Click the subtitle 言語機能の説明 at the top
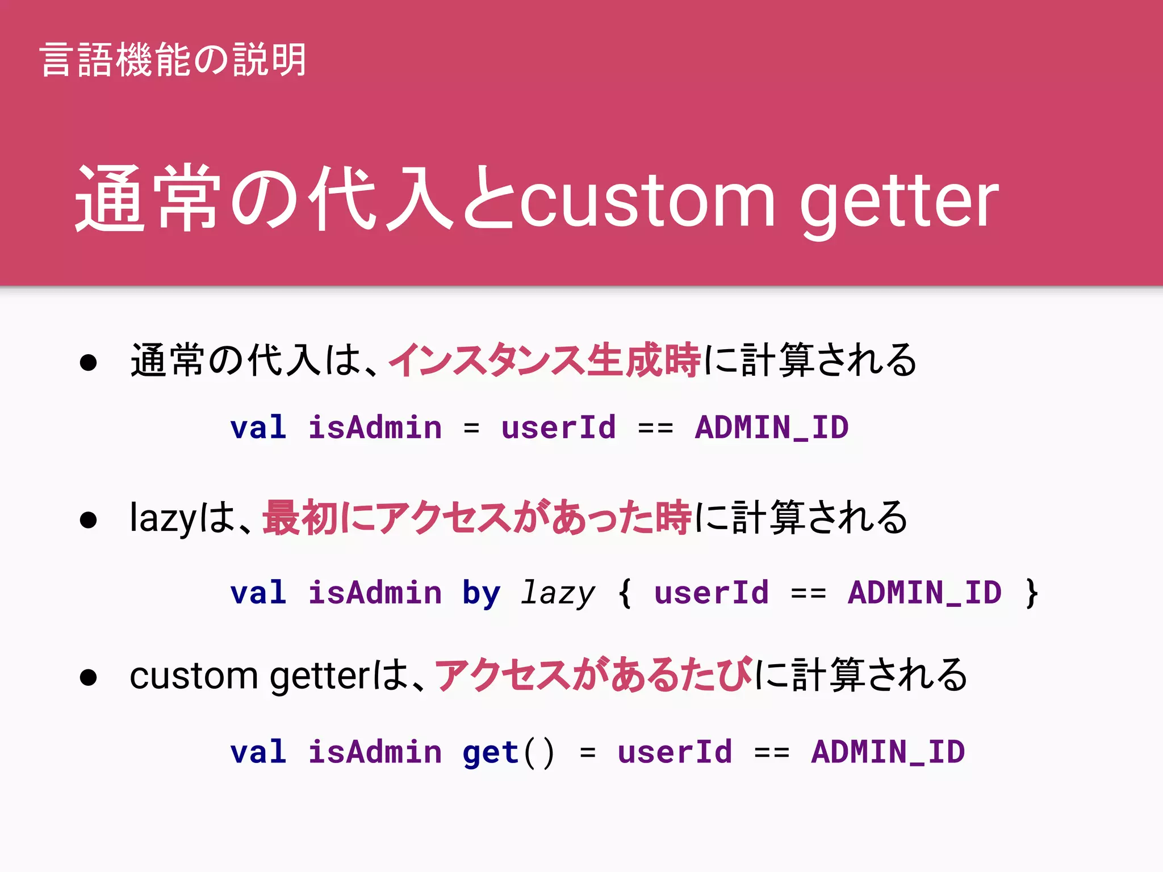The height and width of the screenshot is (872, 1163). pyautogui.click(x=173, y=60)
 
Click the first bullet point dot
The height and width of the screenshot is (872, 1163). pyautogui.click(x=88, y=362)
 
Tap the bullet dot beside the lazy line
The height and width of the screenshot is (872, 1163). pyautogui.click(x=88, y=519)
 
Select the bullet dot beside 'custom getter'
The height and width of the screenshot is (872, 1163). pyautogui.click(x=88, y=677)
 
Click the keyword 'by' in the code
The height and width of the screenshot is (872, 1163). pyautogui.click(x=481, y=593)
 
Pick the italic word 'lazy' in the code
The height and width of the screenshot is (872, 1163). pyautogui.click(x=558, y=593)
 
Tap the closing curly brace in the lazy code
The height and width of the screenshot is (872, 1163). pyautogui.click(x=1032, y=593)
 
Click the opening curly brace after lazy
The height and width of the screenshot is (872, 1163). pyautogui.click(x=625, y=593)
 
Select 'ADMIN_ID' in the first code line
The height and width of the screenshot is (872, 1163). pyautogui.click(x=772, y=427)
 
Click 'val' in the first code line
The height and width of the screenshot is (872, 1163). pyautogui.click(x=258, y=427)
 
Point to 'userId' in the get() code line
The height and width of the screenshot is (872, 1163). pyautogui.click(x=675, y=753)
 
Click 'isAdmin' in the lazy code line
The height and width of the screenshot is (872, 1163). pyautogui.click(x=375, y=593)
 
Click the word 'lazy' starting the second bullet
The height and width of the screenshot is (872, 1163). pyautogui.click(x=163, y=518)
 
